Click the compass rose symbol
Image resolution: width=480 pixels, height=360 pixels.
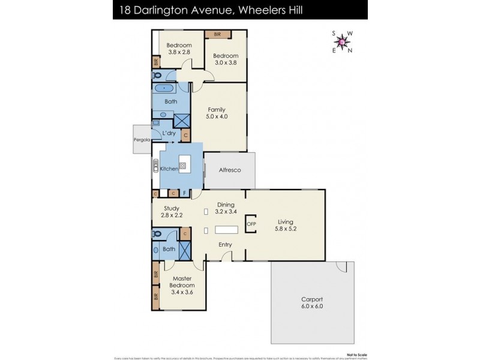point(342,42)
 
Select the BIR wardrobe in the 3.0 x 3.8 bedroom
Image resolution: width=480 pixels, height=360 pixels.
point(216,35)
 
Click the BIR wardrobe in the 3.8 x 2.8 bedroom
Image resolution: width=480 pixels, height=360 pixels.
point(155,62)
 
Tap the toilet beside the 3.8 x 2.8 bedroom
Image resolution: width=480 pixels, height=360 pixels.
point(157,76)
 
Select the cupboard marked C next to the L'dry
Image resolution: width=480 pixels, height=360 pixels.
point(185,136)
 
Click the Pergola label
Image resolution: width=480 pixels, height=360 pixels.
point(142,141)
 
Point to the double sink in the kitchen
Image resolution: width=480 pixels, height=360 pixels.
point(156,169)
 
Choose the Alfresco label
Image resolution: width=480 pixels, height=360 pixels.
point(229,170)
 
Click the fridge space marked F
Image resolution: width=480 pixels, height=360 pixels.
point(185,193)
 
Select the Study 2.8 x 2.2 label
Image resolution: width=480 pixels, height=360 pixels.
point(172,212)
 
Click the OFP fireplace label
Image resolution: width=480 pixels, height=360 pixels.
point(251,224)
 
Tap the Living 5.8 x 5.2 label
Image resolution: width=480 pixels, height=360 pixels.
point(285,224)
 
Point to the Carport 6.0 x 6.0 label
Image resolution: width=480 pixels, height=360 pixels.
point(311,302)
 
